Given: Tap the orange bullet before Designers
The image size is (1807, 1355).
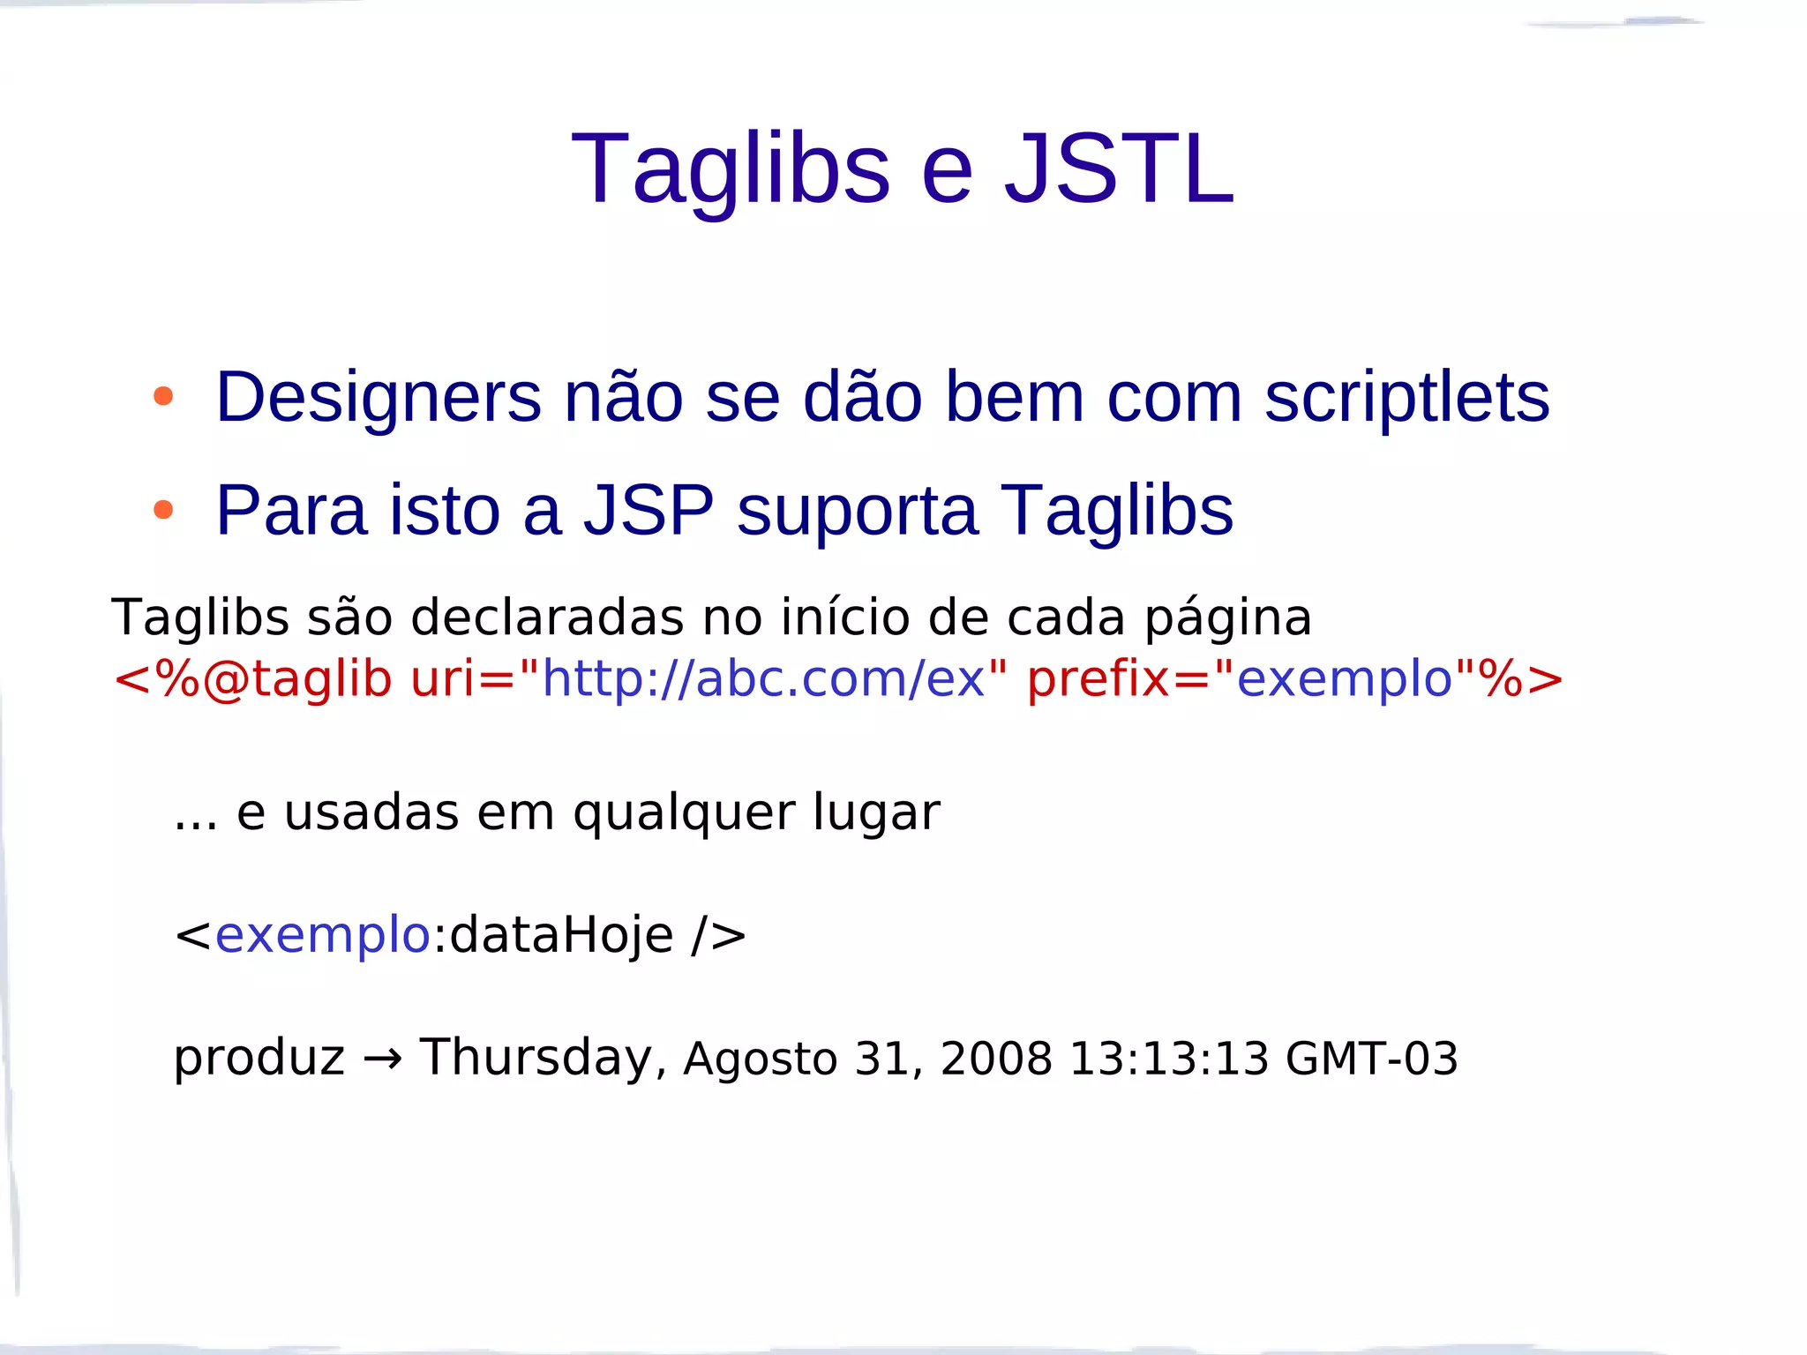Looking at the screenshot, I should pyautogui.click(x=163, y=396).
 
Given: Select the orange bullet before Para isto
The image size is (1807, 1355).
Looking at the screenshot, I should pyautogui.click(x=163, y=509).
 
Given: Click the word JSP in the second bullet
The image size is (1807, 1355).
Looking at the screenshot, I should pyautogui.click(x=649, y=510).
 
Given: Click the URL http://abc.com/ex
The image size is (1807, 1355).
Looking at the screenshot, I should pyautogui.click(x=762, y=678).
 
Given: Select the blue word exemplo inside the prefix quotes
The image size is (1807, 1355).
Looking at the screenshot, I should pyautogui.click(x=1344, y=678).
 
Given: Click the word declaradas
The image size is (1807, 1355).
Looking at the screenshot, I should pyautogui.click(x=547, y=617).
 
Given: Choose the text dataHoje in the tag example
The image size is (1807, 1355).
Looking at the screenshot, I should pyautogui.click(x=561, y=935).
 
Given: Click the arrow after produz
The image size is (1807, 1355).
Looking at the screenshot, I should pyautogui.click(x=382, y=1059).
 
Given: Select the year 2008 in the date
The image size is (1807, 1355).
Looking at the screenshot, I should pyautogui.click(x=996, y=1059).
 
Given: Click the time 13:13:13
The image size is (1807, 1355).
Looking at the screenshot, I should pyautogui.click(x=1168, y=1059).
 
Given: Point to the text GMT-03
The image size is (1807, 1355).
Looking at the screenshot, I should pyautogui.click(x=1371, y=1059).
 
